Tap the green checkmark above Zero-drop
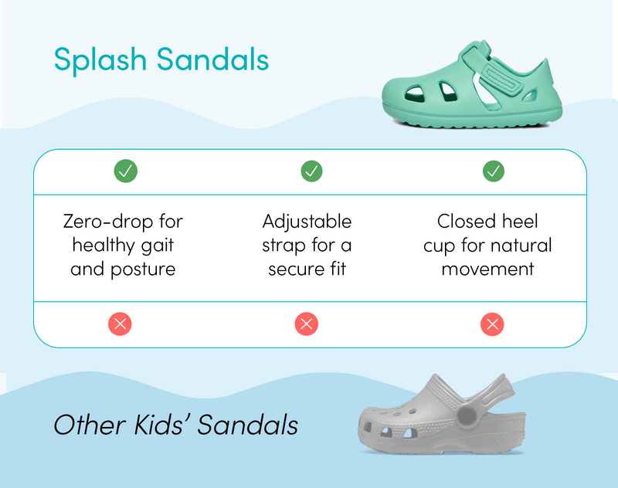point(125,171)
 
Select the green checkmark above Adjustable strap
point(311,171)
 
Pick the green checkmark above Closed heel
point(494,171)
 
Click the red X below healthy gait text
point(120,324)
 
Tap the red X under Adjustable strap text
point(307,324)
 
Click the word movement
point(488,269)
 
